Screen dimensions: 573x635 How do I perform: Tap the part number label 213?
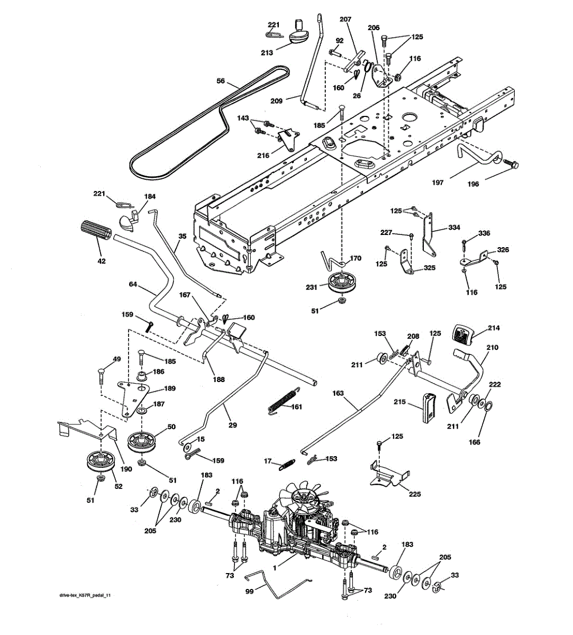pyautogui.click(x=267, y=52)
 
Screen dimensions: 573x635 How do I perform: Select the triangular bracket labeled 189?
pyautogui.click(x=134, y=398)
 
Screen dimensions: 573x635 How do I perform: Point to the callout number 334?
pyautogui.click(x=454, y=228)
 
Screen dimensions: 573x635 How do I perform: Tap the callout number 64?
pyautogui.click(x=133, y=284)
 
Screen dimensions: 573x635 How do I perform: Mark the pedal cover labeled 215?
pyautogui.click(x=429, y=407)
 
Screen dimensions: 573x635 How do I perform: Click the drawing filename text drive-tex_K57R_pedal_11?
pyautogui.click(x=85, y=595)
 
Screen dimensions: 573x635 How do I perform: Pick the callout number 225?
pyautogui.click(x=415, y=494)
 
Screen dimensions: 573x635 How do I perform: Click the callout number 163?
pyautogui.click(x=338, y=393)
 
